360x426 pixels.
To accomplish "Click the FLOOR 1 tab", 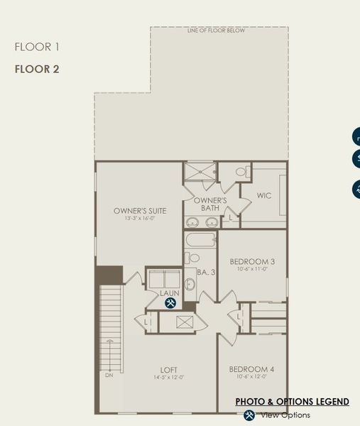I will pyautogui.click(x=37, y=48).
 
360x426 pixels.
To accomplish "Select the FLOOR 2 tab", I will pyautogui.click(x=37, y=69).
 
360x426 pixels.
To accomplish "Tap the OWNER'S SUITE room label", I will pyautogui.click(x=140, y=210).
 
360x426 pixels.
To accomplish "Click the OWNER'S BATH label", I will pyautogui.click(x=210, y=204).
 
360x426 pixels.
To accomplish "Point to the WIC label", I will pyautogui.click(x=264, y=195).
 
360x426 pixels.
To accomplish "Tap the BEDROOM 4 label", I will pyautogui.click(x=251, y=369).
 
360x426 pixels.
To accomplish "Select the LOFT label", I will pyautogui.click(x=168, y=369).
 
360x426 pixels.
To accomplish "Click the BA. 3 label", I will pyautogui.click(x=205, y=271).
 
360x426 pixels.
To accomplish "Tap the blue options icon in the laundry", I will pyautogui.click(x=170, y=303).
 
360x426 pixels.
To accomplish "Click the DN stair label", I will pyautogui.click(x=109, y=375).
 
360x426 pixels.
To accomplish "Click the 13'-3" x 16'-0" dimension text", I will pyautogui.click(x=140, y=219).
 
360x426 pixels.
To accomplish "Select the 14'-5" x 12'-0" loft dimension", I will pyautogui.click(x=168, y=377).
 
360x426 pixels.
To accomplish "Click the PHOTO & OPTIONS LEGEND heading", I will pyautogui.click(x=292, y=402).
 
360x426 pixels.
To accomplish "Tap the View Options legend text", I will pyautogui.click(x=285, y=415).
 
